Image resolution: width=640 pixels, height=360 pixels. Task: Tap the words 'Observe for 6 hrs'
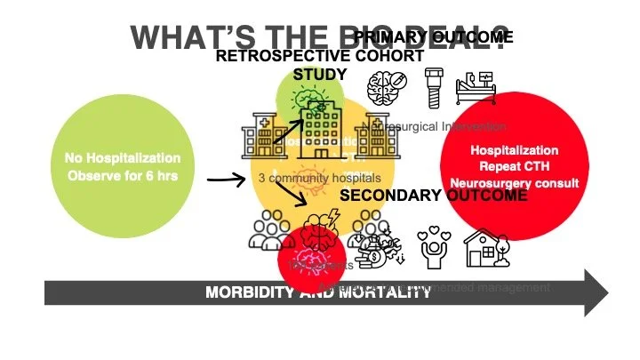pyautogui.click(x=123, y=176)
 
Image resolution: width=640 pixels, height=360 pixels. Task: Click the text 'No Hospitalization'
pyautogui.click(x=123, y=158)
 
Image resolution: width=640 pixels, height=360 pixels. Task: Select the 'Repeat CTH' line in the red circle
pyautogui.click(x=515, y=167)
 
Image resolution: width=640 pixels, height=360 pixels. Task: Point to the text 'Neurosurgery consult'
pyautogui.click(x=515, y=183)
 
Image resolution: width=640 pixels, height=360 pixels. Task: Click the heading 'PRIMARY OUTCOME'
pyautogui.click(x=434, y=37)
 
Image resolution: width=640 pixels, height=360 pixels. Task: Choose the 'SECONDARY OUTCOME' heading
pyautogui.click(x=434, y=196)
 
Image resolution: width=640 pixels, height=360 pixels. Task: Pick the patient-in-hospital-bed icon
pyautogui.click(x=480, y=89)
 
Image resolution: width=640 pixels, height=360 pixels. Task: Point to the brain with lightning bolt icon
pyautogui.click(x=315, y=229)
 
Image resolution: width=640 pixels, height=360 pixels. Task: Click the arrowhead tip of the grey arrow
pyautogui.click(x=607, y=292)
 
